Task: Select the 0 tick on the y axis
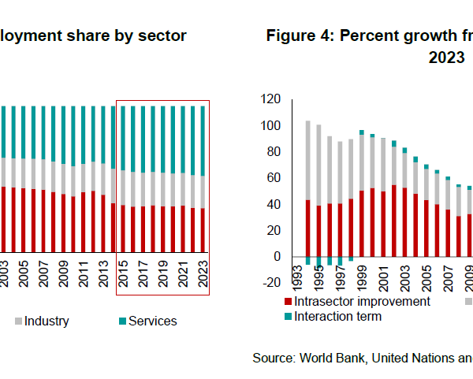coord(276,257)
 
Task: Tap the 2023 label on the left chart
coord(205,280)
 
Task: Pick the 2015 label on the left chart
coord(123,280)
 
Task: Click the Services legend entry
coord(147,321)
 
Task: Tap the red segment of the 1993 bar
coord(307,229)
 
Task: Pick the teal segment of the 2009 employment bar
coord(61,135)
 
